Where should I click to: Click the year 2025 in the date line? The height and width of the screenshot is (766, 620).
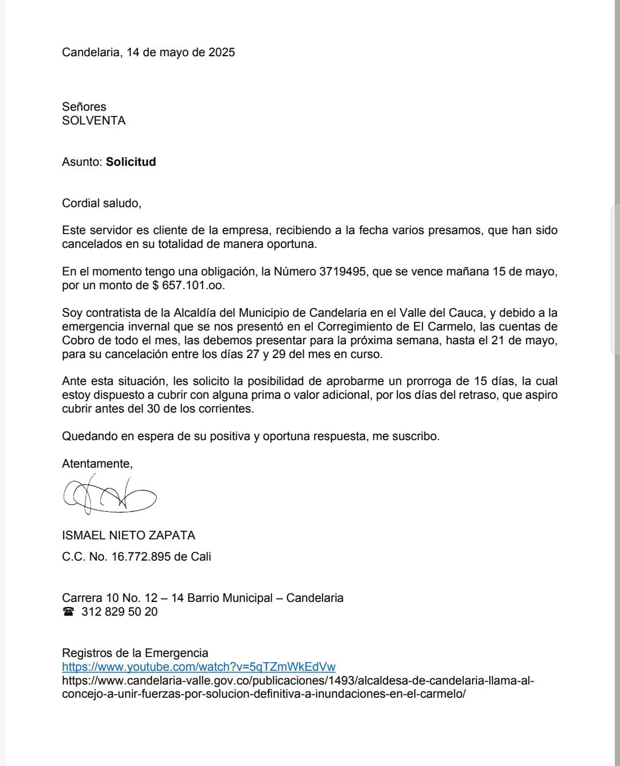(x=221, y=52)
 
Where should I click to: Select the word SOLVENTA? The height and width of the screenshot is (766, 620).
(x=94, y=120)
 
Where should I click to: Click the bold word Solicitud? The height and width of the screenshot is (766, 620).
(x=131, y=162)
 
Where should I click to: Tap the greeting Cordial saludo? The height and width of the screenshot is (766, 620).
(x=101, y=203)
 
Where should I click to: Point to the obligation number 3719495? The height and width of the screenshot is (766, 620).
(x=342, y=271)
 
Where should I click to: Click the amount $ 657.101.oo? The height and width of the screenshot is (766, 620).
(x=189, y=285)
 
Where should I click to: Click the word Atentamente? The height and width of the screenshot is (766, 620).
(x=97, y=464)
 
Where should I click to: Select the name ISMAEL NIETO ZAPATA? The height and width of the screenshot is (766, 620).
(x=129, y=535)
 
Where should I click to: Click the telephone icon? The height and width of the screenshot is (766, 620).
(x=69, y=612)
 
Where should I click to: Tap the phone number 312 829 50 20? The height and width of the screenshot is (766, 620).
(x=119, y=612)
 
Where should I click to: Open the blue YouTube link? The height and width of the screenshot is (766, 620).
(x=199, y=667)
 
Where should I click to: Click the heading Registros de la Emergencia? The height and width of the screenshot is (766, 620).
(x=135, y=653)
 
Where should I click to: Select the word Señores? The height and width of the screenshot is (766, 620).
(x=84, y=107)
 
